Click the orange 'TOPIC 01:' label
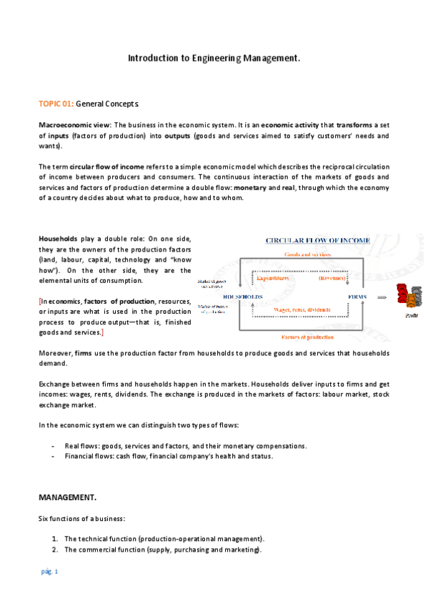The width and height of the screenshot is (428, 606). coord(56,104)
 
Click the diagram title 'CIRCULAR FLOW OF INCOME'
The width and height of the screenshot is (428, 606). coord(317,241)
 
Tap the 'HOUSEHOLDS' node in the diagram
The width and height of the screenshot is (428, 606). coord(243,297)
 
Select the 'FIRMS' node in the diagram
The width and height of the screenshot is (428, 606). coord(357,297)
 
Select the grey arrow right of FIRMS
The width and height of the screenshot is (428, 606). coord(383,296)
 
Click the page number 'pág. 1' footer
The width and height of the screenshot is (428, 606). coord(49,572)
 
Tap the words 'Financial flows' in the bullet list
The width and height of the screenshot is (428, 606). coord(88,456)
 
